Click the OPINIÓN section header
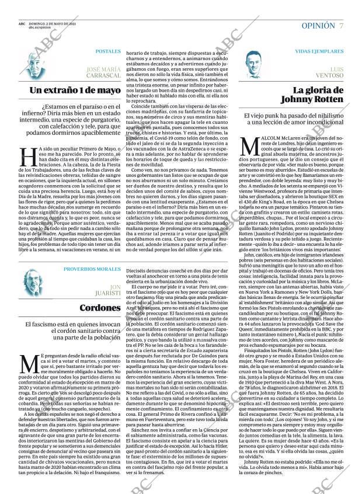[x=318, y=26]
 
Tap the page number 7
[x=341, y=26]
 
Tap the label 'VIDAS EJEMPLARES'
[x=320, y=52]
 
